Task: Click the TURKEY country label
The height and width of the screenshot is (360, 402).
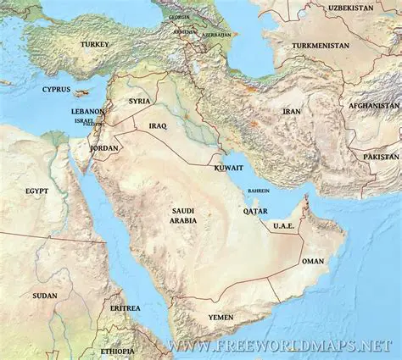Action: click(x=94, y=43)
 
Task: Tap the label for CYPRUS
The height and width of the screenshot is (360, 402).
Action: click(x=57, y=89)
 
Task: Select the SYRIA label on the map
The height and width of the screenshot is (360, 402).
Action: click(x=139, y=101)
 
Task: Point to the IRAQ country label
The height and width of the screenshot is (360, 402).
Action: click(x=158, y=125)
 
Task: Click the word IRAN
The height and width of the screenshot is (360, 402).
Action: click(x=292, y=111)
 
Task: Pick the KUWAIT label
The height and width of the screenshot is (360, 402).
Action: click(x=229, y=169)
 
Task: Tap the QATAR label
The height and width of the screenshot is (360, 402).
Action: click(x=255, y=211)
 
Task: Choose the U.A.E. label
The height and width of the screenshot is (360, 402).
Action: click(x=282, y=226)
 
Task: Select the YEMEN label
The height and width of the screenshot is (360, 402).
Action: click(x=221, y=317)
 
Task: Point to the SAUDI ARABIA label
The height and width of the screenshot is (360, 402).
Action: click(x=184, y=215)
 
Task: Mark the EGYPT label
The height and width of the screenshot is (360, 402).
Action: click(x=36, y=191)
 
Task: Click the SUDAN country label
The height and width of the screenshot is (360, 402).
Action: click(x=45, y=296)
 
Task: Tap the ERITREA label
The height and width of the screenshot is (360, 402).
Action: click(x=125, y=307)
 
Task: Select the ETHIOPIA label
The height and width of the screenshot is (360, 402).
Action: click(x=117, y=351)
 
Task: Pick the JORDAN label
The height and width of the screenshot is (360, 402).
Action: click(x=104, y=147)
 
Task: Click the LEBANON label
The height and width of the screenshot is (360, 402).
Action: click(x=88, y=111)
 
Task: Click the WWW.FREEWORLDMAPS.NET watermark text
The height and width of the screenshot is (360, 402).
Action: click(x=280, y=346)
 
